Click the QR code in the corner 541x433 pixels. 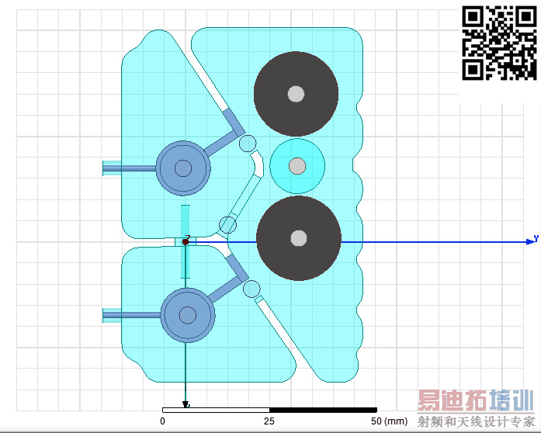[x=499, y=43]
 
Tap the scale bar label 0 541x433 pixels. [x=162, y=421]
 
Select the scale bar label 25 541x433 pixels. [x=269, y=421]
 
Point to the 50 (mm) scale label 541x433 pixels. [x=389, y=421]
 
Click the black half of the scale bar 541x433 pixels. [x=323, y=410]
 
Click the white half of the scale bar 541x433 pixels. [x=216, y=410]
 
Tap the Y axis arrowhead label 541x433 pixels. [x=536, y=238]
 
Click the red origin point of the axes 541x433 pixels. [x=186, y=242]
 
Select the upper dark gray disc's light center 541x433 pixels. [x=296, y=93]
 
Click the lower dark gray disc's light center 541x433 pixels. [x=299, y=238]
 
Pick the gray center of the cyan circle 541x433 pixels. [x=297, y=166]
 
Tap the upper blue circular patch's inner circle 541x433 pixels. [x=183, y=168]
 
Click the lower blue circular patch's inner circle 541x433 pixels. [x=188, y=315]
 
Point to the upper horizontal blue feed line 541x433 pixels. [x=130, y=168]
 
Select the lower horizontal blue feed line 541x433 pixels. [x=132, y=315]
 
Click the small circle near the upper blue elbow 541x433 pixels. [x=248, y=144]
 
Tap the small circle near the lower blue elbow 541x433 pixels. [x=251, y=289]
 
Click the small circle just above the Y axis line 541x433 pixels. [x=227, y=225]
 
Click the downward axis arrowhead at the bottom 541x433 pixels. [x=186, y=404]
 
